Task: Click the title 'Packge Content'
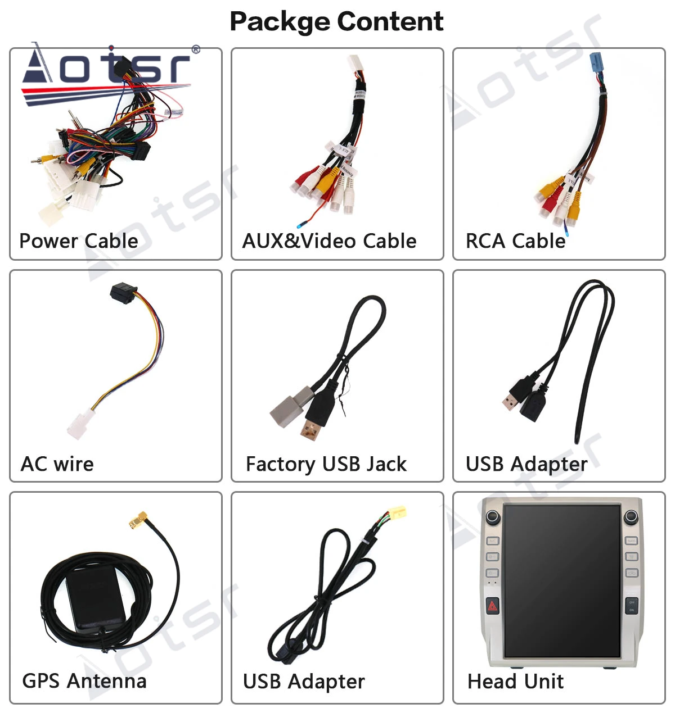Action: click(x=336, y=22)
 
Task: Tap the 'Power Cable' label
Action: click(x=79, y=241)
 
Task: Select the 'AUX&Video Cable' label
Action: click(x=329, y=241)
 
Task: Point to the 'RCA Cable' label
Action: click(x=515, y=241)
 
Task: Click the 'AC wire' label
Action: click(x=57, y=464)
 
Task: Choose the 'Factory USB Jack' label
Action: click(x=326, y=464)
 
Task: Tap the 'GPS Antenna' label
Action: click(x=84, y=681)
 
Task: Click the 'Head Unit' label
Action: click(x=515, y=682)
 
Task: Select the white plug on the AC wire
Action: click(x=80, y=425)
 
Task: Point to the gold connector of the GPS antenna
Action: click(x=137, y=521)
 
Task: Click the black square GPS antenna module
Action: click(x=96, y=597)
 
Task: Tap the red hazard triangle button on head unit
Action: click(x=493, y=606)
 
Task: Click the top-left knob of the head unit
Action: click(x=493, y=516)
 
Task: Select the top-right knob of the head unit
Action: click(x=631, y=516)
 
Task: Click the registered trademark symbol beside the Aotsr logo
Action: click(x=196, y=49)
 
